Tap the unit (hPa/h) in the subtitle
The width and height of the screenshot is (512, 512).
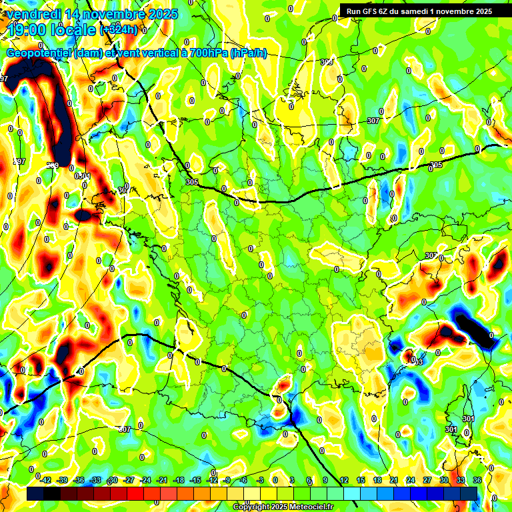point(248,53)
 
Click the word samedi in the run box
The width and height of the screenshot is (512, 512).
point(422,11)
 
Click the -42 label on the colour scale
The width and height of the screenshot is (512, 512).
point(46,481)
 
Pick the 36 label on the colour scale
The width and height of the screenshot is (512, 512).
point(477,481)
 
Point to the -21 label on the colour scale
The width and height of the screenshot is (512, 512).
point(162,481)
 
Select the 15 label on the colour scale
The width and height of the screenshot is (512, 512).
point(360,481)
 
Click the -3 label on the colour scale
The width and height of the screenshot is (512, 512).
point(261,481)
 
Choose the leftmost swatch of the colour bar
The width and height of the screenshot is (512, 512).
point(35,493)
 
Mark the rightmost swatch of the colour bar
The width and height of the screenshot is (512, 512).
point(469,493)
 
